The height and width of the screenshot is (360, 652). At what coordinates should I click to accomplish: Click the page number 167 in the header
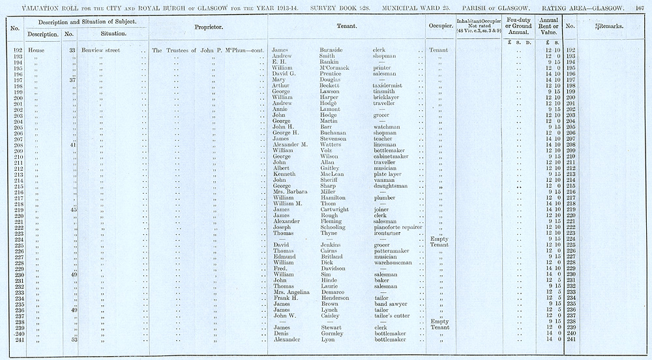point(639,6)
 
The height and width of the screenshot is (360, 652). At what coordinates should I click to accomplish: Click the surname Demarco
point(334,292)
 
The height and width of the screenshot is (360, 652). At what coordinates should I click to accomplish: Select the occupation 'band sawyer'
point(391,303)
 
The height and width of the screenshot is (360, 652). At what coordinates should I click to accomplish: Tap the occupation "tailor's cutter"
point(393,316)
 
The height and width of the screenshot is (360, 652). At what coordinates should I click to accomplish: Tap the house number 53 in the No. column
point(74,339)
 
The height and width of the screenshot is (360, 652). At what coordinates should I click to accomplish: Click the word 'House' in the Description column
point(35,50)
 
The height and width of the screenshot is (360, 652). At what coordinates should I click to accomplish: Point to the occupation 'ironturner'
point(388,233)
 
